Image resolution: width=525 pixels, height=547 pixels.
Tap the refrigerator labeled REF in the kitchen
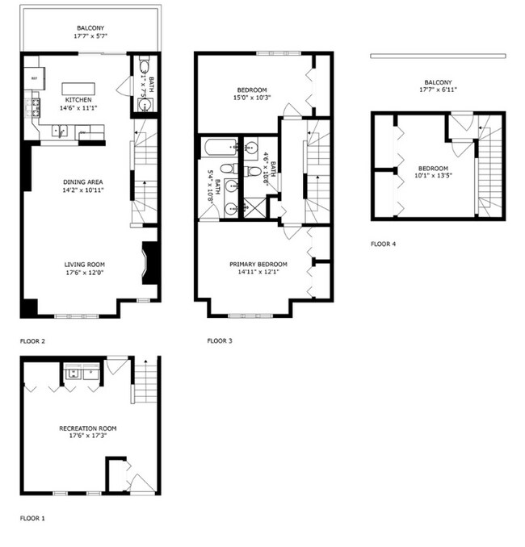pos(34,79)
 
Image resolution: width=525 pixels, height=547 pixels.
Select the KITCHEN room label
pos(78,100)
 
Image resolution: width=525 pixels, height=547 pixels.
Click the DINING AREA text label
pos(83,182)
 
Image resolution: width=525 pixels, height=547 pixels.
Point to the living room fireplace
pos(149,263)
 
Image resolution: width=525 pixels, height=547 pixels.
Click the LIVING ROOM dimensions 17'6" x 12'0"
pos(84,273)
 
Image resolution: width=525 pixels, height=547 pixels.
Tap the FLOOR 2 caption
pos(32,341)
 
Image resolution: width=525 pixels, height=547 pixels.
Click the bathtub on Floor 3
pos(220,148)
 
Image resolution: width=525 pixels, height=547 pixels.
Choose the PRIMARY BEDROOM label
pos(258,264)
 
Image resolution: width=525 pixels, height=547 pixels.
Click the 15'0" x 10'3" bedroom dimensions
pos(252,98)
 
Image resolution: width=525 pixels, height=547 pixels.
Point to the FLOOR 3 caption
pos(220,341)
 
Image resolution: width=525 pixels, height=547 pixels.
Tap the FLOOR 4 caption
pos(383,243)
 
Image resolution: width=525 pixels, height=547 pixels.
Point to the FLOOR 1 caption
pos(32,517)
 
